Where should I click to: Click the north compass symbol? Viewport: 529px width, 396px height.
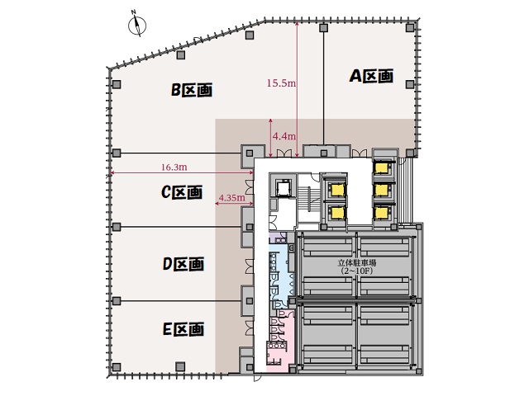[x=137, y=25]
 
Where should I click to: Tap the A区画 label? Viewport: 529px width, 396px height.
[x=371, y=76]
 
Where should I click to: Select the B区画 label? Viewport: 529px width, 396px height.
[x=192, y=90]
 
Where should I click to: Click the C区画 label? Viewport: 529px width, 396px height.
[x=182, y=192]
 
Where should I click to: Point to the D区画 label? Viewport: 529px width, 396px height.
[x=183, y=264]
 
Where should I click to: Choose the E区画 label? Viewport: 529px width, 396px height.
[x=183, y=329]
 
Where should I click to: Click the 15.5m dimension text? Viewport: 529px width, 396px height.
[x=281, y=82]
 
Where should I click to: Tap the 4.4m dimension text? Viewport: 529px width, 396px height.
[x=284, y=136]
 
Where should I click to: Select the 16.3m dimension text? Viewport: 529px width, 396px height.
[x=174, y=167]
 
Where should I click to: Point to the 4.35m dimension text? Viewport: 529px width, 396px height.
[x=231, y=198]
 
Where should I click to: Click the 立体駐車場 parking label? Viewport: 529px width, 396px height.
[x=357, y=262]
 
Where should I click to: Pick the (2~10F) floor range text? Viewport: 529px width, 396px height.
[x=357, y=271]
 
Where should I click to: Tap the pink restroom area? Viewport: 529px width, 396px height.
[x=279, y=340]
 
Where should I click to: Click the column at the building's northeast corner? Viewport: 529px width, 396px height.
[x=410, y=27]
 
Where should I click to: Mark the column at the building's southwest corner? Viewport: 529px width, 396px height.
[x=116, y=366]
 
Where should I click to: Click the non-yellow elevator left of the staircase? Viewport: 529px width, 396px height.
[x=283, y=186]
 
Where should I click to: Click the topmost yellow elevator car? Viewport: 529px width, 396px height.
[x=381, y=167]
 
